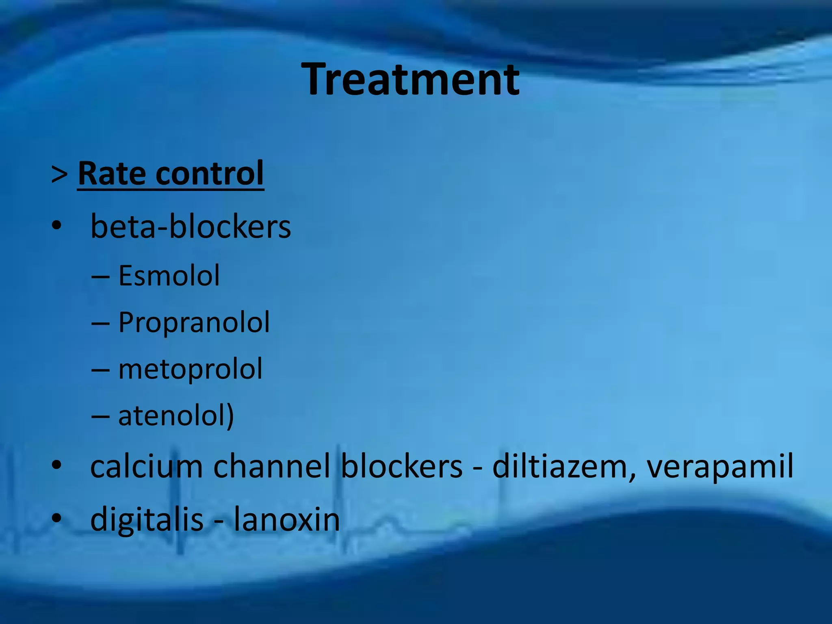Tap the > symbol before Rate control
[60, 174]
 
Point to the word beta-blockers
[191, 226]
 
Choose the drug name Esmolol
[169, 276]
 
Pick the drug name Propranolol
[194, 323]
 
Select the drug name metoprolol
[190, 369]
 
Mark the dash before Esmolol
[100, 277]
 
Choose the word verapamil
[719, 467]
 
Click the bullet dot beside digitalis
[56, 518]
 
